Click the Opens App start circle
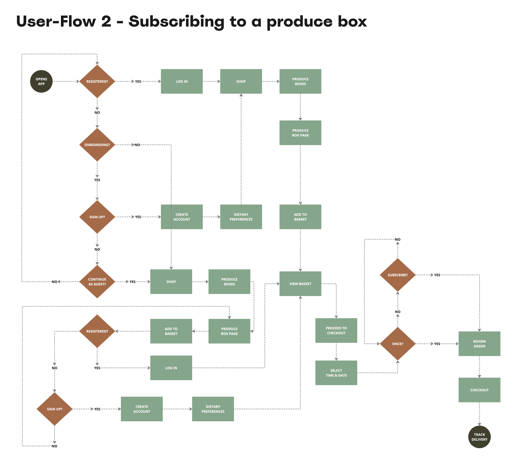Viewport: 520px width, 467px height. point(41,81)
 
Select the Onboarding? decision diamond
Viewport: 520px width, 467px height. point(97,145)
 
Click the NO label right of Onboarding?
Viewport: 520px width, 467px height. point(137,145)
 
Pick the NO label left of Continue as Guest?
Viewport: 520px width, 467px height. point(54,282)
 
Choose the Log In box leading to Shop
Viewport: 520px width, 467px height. point(182,81)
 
